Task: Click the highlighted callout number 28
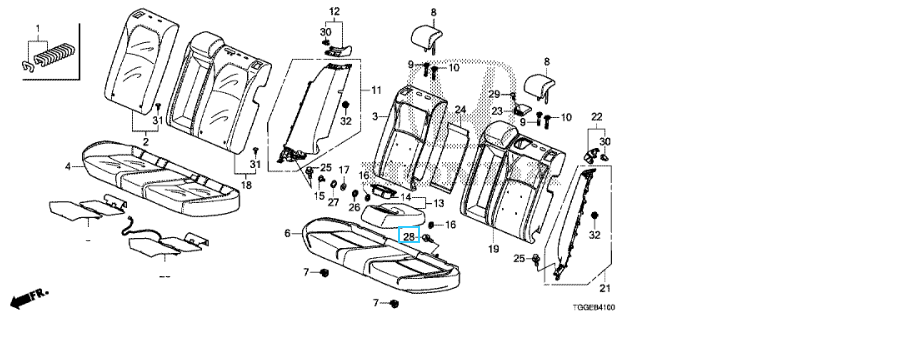pos(409,235)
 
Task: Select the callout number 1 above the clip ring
pos(38,28)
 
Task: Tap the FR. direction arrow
pos(29,298)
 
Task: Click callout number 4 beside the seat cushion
pos(68,167)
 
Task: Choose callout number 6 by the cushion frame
pos(287,234)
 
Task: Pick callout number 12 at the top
pos(335,12)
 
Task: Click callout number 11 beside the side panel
pos(376,90)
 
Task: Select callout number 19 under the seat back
pos(493,249)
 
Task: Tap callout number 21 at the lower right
pos(606,288)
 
